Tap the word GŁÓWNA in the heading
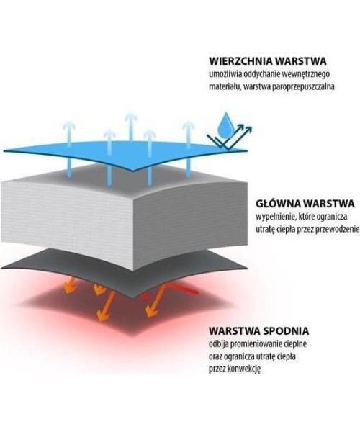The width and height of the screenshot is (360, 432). [278, 204]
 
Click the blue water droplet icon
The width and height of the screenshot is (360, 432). [225, 125]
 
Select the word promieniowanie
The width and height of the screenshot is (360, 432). [258, 344]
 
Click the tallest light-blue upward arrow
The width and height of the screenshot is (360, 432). [131, 128]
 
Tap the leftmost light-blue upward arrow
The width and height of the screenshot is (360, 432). [69, 149]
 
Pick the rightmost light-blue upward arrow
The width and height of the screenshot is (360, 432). [189, 149]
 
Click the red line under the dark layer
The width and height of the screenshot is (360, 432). [171, 292]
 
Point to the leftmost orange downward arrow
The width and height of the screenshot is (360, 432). [71, 285]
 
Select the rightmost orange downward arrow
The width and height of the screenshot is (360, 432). [155, 300]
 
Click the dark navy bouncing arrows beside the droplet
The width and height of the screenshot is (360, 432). [229, 138]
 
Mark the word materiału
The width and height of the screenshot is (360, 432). [225, 87]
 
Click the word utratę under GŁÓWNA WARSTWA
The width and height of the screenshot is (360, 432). [265, 230]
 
